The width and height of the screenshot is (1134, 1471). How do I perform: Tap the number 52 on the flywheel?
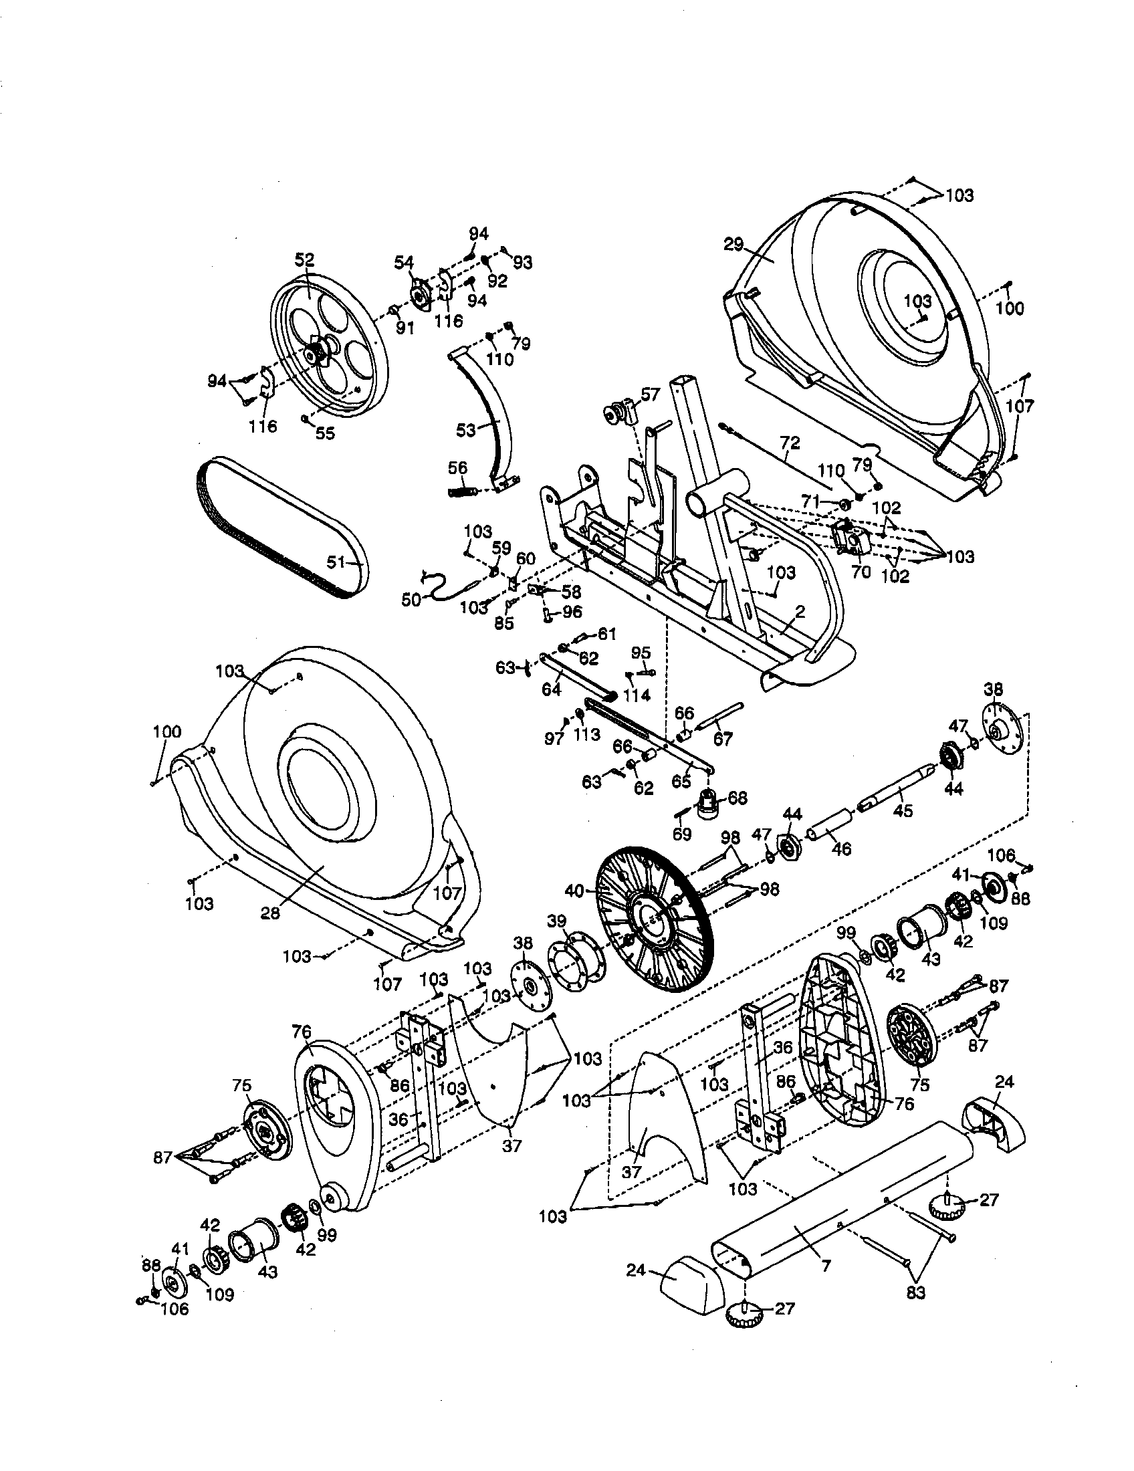[x=304, y=260]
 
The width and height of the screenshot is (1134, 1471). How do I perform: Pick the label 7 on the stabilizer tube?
[x=826, y=1264]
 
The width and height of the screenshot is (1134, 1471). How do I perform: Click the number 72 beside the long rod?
[x=790, y=443]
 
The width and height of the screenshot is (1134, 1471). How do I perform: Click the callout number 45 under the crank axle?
[x=903, y=811]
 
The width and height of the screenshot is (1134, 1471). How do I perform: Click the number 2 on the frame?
[x=800, y=611]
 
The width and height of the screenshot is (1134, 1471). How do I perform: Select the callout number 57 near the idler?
[x=650, y=394]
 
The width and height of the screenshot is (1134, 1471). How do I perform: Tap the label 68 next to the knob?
[x=738, y=798]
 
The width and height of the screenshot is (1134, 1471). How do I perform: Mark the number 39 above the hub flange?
[x=556, y=921]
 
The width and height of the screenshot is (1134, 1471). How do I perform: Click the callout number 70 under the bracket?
[x=861, y=572]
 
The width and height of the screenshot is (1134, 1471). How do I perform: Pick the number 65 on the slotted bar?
[x=681, y=781]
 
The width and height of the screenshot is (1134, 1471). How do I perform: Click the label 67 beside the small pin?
[x=723, y=739]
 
